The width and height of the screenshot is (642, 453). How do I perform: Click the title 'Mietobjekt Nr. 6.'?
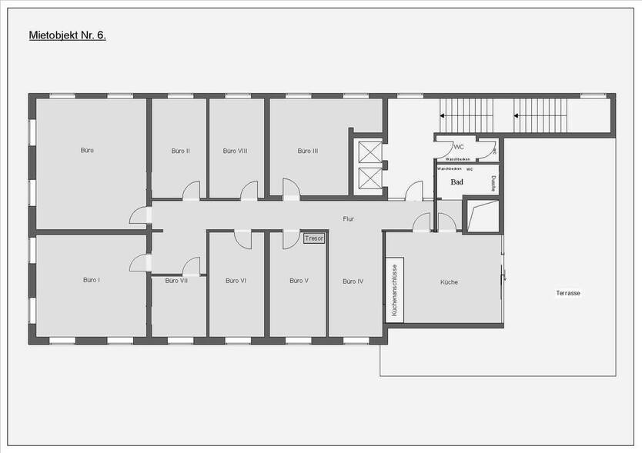click(x=67, y=35)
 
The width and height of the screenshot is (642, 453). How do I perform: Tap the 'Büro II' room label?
click(x=181, y=151)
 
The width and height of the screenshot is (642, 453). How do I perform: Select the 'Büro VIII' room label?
click(x=235, y=151)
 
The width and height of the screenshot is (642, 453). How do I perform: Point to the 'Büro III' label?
click(x=308, y=151)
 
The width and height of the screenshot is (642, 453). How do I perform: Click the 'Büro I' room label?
click(x=92, y=280)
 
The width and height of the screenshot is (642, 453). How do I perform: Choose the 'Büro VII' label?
click(x=176, y=281)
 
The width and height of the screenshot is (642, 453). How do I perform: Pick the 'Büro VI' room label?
click(x=236, y=281)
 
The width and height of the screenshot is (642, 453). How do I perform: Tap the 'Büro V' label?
click(x=299, y=281)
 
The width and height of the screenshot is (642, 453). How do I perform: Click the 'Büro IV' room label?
click(x=353, y=281)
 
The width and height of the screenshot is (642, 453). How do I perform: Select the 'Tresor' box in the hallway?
click(x=314, y=239)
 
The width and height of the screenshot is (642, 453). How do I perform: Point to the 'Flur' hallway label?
click(x=349, y=219)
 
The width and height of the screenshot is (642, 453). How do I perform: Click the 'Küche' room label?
click(x=449, y=282)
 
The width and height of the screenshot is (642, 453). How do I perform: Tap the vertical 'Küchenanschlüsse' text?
click(x=394, y=291)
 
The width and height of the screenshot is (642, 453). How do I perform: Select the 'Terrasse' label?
click(x=568, y=294)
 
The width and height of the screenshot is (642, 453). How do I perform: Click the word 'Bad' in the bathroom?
click(x=456, y=182)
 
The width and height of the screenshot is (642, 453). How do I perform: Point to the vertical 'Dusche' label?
click(x=493, y=183)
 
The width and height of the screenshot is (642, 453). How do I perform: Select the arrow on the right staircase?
click(x=517, y=117)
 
